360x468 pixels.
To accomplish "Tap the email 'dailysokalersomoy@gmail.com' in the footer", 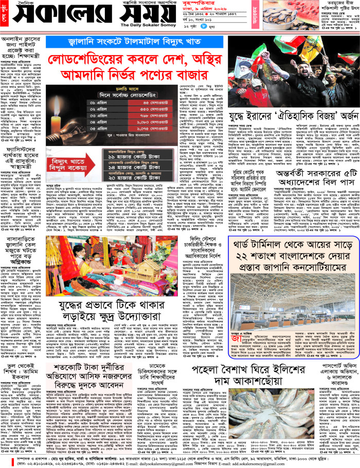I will pyautogui.click(x=170, y=461).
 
